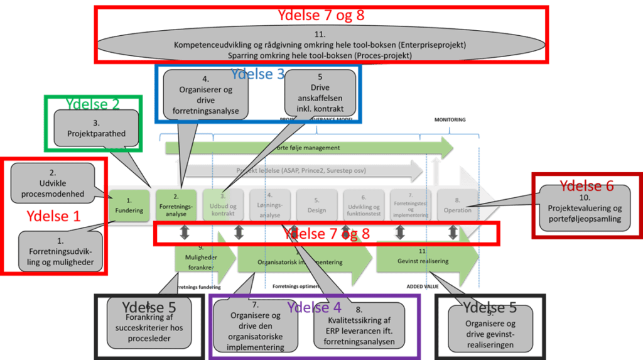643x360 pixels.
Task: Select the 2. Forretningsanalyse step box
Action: (x=176, y=205)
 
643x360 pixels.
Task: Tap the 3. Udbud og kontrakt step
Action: (x=223, y=205)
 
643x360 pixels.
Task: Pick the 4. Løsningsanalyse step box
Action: (x=270, y=205)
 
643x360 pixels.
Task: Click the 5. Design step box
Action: (x=317, y=205)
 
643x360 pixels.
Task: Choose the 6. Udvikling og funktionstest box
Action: (x=364, y=205)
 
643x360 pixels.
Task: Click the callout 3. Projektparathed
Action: (x=96, y=129)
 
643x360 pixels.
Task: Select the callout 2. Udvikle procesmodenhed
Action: (x=53, y=183)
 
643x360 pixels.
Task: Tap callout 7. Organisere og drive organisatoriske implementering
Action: (x=256, y=325)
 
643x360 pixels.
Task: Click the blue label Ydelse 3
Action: (x=257, y=74)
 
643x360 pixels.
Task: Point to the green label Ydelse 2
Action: (x=93, y=104)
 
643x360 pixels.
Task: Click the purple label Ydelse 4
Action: (x=314, y=307)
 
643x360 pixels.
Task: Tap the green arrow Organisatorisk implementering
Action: (x=295, y=261)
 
